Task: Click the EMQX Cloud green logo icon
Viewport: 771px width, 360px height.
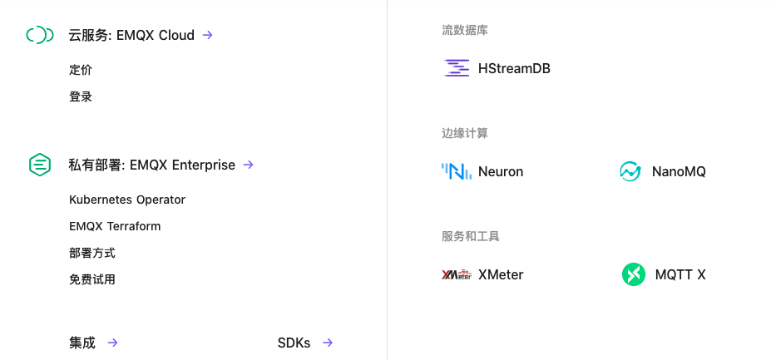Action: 40,35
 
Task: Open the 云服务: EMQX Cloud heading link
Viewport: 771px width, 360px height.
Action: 131,35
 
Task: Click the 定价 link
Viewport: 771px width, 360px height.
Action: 81,70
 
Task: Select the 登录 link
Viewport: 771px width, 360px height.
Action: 81,96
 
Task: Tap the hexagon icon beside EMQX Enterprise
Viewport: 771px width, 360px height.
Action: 40,165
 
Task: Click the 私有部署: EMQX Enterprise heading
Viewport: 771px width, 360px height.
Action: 151,165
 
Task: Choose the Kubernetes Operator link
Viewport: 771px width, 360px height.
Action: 127,200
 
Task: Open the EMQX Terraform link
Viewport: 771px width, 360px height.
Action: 115,226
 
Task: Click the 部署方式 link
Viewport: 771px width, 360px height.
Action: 92,253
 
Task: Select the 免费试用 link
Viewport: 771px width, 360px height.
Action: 92,279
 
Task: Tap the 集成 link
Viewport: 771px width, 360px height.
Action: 82,343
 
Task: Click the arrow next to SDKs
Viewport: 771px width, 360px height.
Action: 328,343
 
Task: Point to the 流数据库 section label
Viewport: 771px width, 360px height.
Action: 465,31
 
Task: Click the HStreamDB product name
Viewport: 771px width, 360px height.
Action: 514,68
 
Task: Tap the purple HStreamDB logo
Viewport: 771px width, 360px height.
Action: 457,68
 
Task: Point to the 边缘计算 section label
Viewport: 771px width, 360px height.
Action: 465,133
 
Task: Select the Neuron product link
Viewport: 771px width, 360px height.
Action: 501,171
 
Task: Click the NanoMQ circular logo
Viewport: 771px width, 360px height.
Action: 630,171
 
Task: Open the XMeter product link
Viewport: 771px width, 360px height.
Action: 501,274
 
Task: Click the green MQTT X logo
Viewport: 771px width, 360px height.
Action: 634,274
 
